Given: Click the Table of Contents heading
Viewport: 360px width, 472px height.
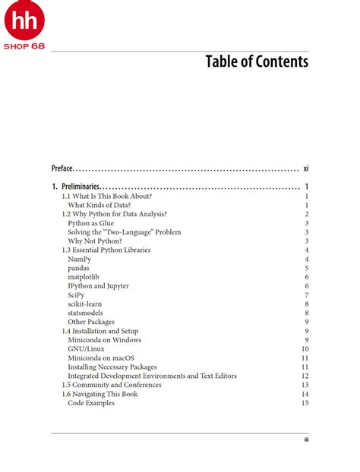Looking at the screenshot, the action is tap(257, 61).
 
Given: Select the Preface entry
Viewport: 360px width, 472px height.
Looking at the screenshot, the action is tap(62, 168).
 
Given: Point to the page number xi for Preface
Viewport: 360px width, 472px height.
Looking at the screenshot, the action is tap(305, 168).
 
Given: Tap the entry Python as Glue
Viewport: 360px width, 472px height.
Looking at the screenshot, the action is tap(90, 223).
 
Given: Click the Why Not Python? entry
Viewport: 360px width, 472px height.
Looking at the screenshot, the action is tap(94, 241).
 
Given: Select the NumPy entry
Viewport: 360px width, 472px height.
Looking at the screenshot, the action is tap(80, 260).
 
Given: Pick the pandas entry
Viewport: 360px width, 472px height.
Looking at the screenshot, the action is tap(79, 268).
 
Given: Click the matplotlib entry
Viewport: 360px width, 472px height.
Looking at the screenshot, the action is tap(84, 277).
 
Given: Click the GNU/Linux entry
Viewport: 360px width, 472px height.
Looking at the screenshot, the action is tap(86, 349).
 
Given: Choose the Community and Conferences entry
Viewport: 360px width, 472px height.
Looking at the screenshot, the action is tap(111, 385).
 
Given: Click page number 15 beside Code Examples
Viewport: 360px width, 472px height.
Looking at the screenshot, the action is tap(305, 403).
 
